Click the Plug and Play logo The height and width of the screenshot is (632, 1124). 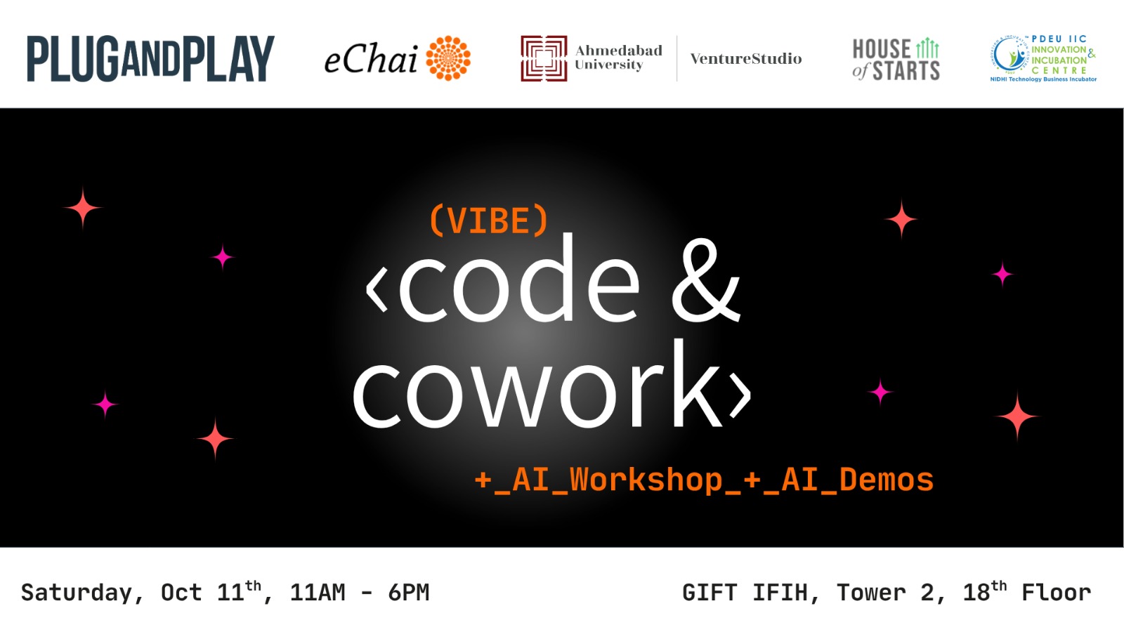[150, 59]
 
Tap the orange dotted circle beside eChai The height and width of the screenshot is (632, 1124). [448, 58]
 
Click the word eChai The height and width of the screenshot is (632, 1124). [371, 59]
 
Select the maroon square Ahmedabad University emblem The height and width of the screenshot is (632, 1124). [544, 58]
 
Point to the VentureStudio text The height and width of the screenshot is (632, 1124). [746, 59]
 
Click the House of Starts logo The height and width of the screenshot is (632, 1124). [896, 59]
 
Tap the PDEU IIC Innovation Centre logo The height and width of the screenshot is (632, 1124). [1043, 59]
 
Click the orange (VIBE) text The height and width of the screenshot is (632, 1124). [489, 220]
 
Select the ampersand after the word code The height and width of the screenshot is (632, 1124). [706, 280]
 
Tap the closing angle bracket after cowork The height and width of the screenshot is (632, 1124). [740, 396]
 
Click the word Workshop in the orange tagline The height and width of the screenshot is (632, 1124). [646, 480]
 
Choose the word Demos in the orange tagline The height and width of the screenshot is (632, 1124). [886, 480]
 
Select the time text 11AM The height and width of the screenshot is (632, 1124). [318, 593]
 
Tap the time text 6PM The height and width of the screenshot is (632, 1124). [408, 593]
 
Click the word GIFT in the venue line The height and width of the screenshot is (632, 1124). [710, 593]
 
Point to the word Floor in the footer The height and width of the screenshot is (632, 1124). [1057, 593]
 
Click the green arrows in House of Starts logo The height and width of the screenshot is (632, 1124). [927, 48]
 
